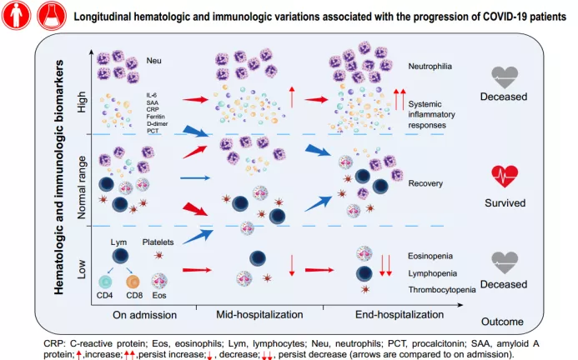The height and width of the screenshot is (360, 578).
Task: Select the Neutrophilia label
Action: click(433, 66)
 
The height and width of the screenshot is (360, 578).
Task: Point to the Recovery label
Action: click(426, 181)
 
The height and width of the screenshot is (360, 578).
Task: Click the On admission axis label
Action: click(146, 314)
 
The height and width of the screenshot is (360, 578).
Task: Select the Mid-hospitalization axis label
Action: click(259, 314)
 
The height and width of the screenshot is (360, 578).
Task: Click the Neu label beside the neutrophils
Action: click(153, 61)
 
